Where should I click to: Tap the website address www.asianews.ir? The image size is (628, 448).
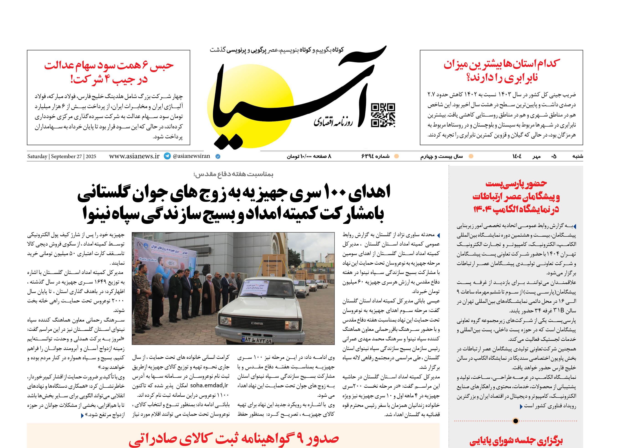tap(134, 156)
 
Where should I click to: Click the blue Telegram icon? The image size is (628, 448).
tap(167, 156)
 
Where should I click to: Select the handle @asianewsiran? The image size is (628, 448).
tap(191, 156)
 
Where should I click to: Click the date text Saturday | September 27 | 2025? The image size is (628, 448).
tap(62, 156)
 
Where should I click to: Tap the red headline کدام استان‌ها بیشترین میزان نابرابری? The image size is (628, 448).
tap(502, 71)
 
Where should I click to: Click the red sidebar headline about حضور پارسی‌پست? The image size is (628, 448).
tap(516, 196)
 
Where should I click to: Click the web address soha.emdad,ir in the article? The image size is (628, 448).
tap(209, 385)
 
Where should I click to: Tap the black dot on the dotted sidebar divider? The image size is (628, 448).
tap(516, 421)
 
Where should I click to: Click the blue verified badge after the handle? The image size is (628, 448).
tap(218, 156)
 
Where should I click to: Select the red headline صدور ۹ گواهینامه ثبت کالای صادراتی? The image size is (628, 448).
tap(234, 439)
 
